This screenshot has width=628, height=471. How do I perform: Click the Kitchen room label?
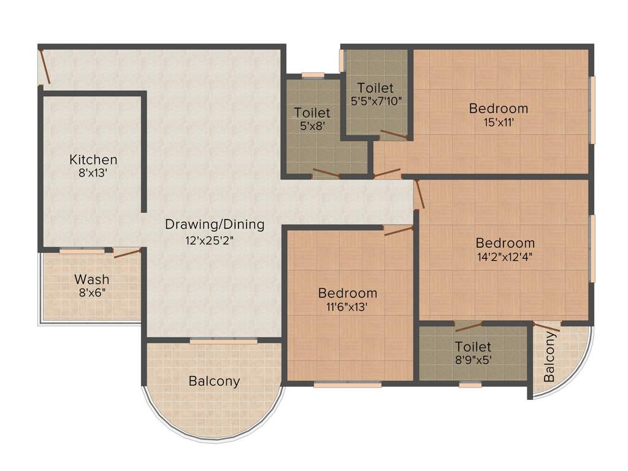click(x=93, y=160)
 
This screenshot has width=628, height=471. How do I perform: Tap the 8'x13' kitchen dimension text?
click(x=93, y=174)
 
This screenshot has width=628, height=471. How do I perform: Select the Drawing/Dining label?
click(x=215, y=224)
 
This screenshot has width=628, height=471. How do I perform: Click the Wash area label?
click(x=92, y=280)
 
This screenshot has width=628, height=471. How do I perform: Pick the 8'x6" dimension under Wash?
click(x=92, y=293)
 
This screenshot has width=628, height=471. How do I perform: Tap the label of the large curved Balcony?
click(x=214, y=381)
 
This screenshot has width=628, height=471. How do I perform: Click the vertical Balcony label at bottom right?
click(x=550, y=366)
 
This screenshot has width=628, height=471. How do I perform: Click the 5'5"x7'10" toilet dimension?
click(x=375, y=101)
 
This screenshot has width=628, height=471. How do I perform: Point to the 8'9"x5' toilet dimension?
click(x=473, y=360)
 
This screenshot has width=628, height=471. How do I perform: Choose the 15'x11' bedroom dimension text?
click(x=499, y=122)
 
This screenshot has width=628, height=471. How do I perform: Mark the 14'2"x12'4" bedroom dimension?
click(x=505, y=257)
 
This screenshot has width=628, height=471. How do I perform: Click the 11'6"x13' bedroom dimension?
click(x=348, y=307)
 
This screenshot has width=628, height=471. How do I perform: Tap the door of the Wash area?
click(x=127, y=253)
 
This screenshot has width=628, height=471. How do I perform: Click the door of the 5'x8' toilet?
click(x=326, y=173)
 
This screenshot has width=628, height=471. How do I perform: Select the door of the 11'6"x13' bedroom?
click(x=399, y=231)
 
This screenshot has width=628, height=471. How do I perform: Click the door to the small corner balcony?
click(x=546, y=327)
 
